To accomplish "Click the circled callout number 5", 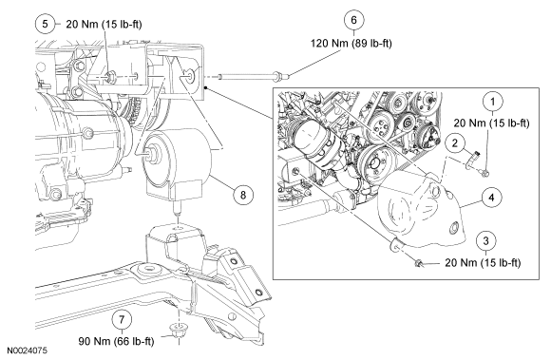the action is coord(46,24).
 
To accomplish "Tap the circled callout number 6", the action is coord(353,20).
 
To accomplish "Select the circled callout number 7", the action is coord(122,320).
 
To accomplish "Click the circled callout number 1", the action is coord(493,102).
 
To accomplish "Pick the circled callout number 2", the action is coord(455,143).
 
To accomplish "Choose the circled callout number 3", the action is coord(486,241).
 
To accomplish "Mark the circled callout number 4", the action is coord(491,198).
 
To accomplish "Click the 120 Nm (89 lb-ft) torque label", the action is coord(351,43).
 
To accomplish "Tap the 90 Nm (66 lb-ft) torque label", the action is coord(116,341).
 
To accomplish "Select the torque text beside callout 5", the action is coord(104,25).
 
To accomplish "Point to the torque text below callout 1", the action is coord(491,123).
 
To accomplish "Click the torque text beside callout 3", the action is coord(483,263).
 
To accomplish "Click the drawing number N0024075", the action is coord(28,351).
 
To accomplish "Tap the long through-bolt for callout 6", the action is coord(253,75).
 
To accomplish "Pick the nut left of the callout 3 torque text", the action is coord(419,263).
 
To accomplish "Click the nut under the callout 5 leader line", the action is coord(111,75).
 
